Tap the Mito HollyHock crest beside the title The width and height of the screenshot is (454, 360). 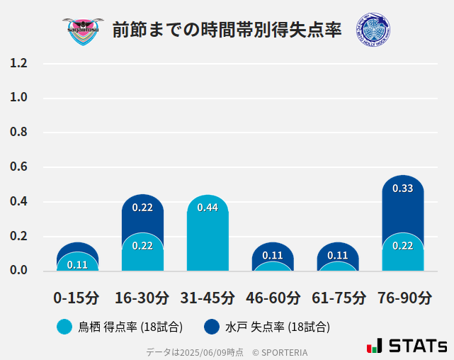pos(373,30)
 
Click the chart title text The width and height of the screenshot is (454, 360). pos(227,30)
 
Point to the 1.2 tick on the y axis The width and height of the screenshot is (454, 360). pos(19,63)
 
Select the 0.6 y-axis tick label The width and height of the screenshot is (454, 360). pos(19,167)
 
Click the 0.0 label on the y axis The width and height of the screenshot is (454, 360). pos(19,271)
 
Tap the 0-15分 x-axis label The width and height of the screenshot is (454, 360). pos(77,298)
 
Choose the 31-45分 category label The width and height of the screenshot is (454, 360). pos(208,298)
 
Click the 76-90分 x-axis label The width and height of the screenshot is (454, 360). pos(403,298)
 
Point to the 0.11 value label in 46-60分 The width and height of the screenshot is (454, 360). pos(273,255)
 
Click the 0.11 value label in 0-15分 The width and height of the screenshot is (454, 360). pos(77,265)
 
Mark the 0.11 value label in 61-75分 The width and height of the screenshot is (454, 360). pos(338,255)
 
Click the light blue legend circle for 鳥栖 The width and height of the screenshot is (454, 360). pos(64,327)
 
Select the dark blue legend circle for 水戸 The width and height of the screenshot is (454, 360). pos(211,327)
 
